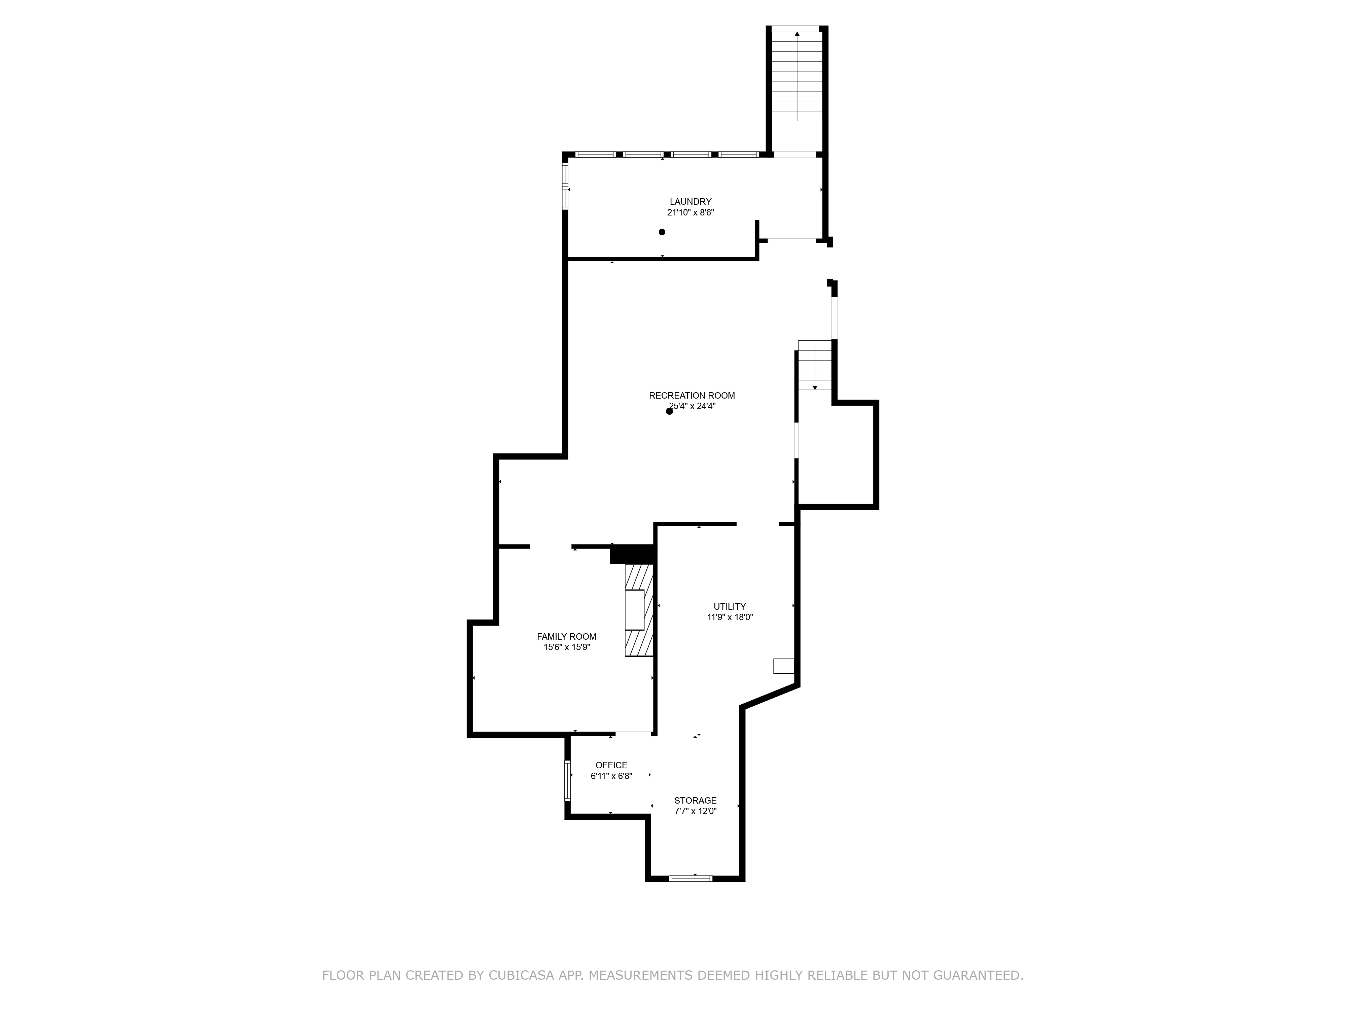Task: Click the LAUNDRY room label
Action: coord(690,202)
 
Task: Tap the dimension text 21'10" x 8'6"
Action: coord(690,212)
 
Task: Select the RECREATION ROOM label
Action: coord(692,396)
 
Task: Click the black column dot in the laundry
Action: coord(662,232)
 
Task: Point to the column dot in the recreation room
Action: coord(669,411)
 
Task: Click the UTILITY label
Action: coord(730,606)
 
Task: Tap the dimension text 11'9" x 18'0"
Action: coord(730,617)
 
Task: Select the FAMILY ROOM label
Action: coord(567,637)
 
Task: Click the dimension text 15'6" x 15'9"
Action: coord(567,647)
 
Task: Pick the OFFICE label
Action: coord(611,765)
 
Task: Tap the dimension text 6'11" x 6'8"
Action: coord(611,776)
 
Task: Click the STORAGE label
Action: coord(695,801)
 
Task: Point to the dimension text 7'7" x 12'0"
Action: coord(695,811)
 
